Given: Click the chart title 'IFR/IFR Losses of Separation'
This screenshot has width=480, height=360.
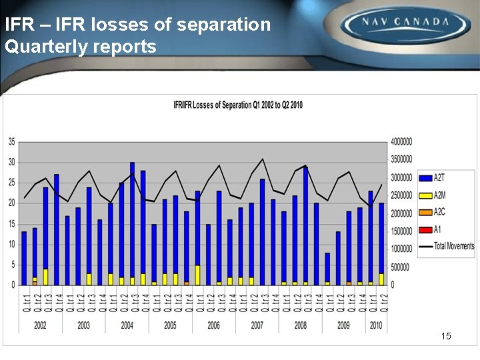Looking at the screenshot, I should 238,105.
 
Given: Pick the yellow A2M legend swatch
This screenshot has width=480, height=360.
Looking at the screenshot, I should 425,195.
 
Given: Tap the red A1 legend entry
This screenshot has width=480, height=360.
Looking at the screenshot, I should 425,229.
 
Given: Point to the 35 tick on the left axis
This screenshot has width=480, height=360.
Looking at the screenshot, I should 11,141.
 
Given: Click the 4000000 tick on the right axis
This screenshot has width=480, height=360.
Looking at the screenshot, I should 402,141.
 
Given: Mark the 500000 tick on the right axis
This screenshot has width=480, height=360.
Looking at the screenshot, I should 400,267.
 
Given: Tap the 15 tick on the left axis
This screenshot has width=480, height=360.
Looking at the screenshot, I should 11,223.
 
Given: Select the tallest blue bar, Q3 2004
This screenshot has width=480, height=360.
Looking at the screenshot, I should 132,220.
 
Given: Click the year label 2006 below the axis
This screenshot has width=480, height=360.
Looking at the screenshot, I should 213,325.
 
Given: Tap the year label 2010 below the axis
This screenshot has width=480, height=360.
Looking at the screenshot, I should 376,325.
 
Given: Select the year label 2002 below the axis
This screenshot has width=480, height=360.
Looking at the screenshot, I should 40,325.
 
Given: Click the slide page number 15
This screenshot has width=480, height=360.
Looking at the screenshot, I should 446,336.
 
